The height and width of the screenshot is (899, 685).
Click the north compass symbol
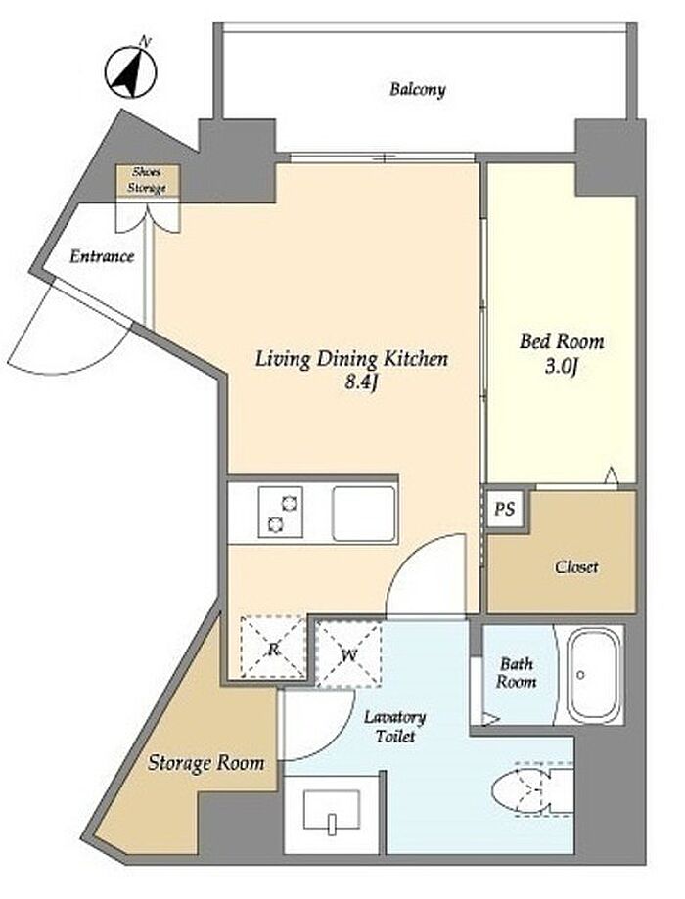131,71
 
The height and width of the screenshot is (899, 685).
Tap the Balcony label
417,89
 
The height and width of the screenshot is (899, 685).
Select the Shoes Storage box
148,180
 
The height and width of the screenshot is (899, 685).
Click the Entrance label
102,256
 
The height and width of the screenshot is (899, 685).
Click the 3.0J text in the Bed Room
560,367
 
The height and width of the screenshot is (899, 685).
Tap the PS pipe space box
505,509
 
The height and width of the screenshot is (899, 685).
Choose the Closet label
576,567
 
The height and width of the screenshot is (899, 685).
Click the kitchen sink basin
364,514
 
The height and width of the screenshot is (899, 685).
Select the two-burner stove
281,512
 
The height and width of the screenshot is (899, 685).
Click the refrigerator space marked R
273,648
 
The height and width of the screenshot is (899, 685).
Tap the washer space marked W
348,654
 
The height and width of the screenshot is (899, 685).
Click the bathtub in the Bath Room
595,674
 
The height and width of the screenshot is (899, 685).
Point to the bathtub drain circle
580,675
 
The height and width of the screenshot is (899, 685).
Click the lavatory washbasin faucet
332,824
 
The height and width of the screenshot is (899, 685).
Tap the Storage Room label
205,763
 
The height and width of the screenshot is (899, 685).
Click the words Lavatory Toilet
395,726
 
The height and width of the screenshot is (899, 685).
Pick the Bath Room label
517,672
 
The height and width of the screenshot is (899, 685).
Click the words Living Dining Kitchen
351,359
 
